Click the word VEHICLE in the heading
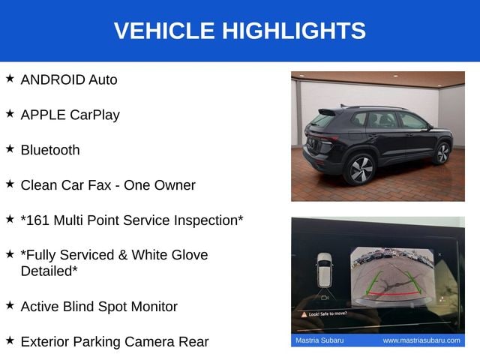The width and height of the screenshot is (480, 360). click(x=164, y=31)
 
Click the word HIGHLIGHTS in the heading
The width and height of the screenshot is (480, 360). click(x=294, y=31)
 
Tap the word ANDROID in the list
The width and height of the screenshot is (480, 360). click(x=52, y=80)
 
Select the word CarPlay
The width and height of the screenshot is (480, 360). click(x=94, y=115)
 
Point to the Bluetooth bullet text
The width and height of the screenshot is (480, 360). click(x=50, y=150)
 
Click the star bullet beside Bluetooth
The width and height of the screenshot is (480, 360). click(x=10, y=148)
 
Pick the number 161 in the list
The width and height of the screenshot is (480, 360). click(x=37, y=220)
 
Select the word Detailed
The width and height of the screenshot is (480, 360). click(x=46, y=271)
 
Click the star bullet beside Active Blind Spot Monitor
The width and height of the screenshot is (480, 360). click(x=10, y=305)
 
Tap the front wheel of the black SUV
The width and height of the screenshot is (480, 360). click(x=442, y=153)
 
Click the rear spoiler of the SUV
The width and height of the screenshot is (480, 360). click(x=326, y=112)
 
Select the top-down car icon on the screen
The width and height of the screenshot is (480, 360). click(x=324, y=270)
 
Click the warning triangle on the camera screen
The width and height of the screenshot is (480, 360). click(x=304, y=315)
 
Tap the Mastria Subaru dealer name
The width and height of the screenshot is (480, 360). click(x=319, y=340)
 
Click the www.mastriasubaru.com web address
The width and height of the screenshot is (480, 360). click(x=421, y=340)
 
